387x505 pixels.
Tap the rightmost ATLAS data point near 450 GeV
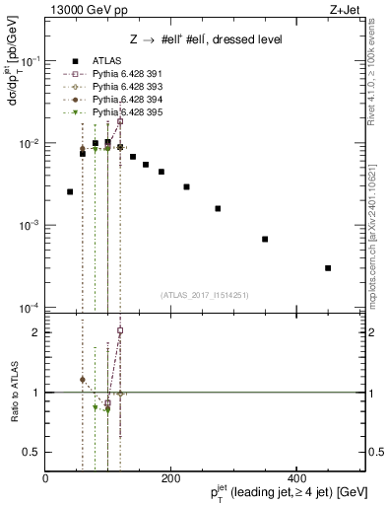[328, 267]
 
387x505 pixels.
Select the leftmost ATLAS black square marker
[70, 191]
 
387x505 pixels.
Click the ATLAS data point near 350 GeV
[265, 239]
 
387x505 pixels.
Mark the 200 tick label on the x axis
[170, 478]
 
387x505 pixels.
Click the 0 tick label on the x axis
[45, 478]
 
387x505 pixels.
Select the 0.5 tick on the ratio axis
[35, 453]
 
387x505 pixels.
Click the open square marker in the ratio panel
[120, 330]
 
